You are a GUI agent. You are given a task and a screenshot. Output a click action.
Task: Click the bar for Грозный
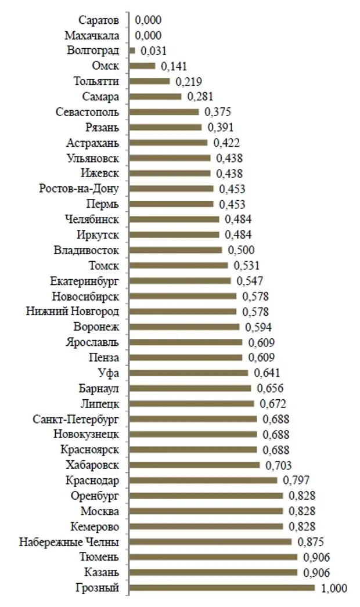(222, 588)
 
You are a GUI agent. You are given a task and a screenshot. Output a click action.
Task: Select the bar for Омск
(142, 66)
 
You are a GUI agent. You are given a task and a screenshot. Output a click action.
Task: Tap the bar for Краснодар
(203, 480)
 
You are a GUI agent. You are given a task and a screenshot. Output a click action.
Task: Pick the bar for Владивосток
(175, 250)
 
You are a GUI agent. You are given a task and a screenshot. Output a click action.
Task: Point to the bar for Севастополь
(164, 111)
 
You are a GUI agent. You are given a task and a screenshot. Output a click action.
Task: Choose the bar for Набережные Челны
(210, 541)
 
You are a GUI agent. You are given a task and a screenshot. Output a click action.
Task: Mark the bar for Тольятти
(149, 81)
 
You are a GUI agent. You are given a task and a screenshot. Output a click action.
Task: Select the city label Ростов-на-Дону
(80, 189)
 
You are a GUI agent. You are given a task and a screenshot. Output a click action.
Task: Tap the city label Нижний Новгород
(73, 312)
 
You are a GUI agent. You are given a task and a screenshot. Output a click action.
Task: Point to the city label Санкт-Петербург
(78, 418)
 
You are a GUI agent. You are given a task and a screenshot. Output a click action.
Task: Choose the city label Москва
(101, 511)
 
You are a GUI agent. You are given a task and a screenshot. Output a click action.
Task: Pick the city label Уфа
(109, 373)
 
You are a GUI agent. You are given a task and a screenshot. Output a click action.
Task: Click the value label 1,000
(334, 588)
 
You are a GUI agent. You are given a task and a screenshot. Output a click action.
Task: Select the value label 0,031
(153, 51)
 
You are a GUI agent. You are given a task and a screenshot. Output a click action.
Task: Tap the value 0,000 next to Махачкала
(148, 35)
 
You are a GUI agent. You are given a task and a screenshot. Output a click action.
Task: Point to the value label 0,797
(296, 480)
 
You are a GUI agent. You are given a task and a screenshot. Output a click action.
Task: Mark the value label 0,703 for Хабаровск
(279, 465)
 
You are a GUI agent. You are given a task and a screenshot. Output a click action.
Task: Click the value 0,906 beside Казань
(316, 573)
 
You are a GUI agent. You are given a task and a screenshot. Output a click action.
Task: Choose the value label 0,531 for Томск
(246, 266)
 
